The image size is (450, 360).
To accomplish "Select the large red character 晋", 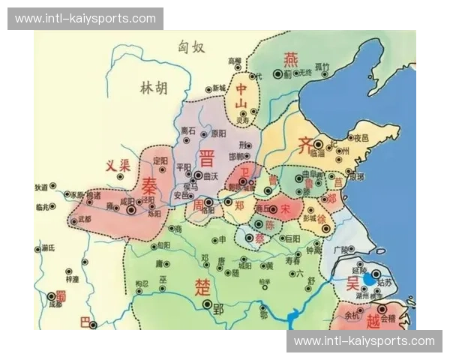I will (206, 159).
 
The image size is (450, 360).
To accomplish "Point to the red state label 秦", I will (150, 184).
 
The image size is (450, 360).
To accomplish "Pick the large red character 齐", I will (305, 145).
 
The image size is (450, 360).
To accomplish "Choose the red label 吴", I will (352, 283).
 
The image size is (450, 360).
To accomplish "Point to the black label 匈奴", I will (192, 48).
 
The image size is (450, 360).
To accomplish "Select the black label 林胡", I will (154, 88).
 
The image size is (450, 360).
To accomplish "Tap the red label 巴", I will (85, 322).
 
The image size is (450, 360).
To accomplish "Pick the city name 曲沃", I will (211, 175).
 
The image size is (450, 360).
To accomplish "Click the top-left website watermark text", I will (85, 18).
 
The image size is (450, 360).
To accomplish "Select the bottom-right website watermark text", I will (364, 341).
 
